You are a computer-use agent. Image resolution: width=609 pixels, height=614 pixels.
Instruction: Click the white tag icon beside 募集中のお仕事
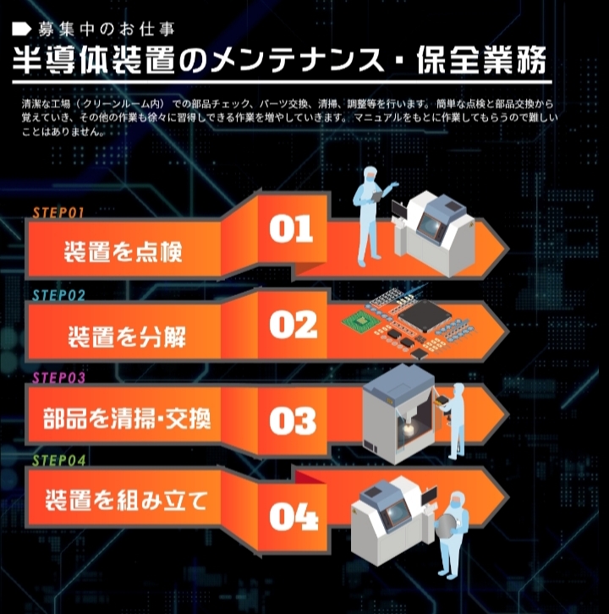click(x=21, y=29)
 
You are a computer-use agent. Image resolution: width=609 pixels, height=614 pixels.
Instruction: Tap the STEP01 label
click(x=58, y=212)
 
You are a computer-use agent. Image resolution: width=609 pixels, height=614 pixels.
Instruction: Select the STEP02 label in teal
click(x=58, y=295)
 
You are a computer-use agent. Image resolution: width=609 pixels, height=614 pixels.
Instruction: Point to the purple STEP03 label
click(x=58, y=378)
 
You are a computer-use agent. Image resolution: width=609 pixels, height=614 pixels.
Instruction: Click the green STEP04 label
click(x=58, y=460)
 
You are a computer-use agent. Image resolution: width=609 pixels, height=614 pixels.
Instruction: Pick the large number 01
click(x=291, y=228)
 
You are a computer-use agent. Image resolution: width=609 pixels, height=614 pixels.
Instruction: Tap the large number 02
click(x=293, y=325)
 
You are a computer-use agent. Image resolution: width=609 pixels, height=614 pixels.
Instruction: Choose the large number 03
click(x=293, y=420)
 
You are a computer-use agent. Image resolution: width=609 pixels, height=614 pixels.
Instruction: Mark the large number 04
click(x=294, y=517)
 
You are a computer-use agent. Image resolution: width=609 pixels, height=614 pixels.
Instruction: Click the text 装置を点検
click(x=123, y=251)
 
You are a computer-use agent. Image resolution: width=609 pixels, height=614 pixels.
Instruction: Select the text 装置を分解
click(x=127, y=337)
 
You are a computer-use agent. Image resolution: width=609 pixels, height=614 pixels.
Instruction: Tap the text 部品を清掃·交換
click(x=127, y=419)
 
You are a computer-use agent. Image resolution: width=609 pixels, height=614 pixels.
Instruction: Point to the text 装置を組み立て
click(x=126, y=500)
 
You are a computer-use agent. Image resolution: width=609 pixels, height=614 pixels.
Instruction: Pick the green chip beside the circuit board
click(x=360, y=321)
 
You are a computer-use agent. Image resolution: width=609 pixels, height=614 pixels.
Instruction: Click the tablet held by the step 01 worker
click(x=376, y=196)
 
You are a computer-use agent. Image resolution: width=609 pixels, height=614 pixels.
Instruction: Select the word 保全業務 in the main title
click(x=481, y=61)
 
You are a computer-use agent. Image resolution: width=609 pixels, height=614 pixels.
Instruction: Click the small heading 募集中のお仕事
click(x=106, y=30)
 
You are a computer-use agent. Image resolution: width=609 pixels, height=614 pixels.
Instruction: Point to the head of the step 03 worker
click(x=458, y=390)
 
